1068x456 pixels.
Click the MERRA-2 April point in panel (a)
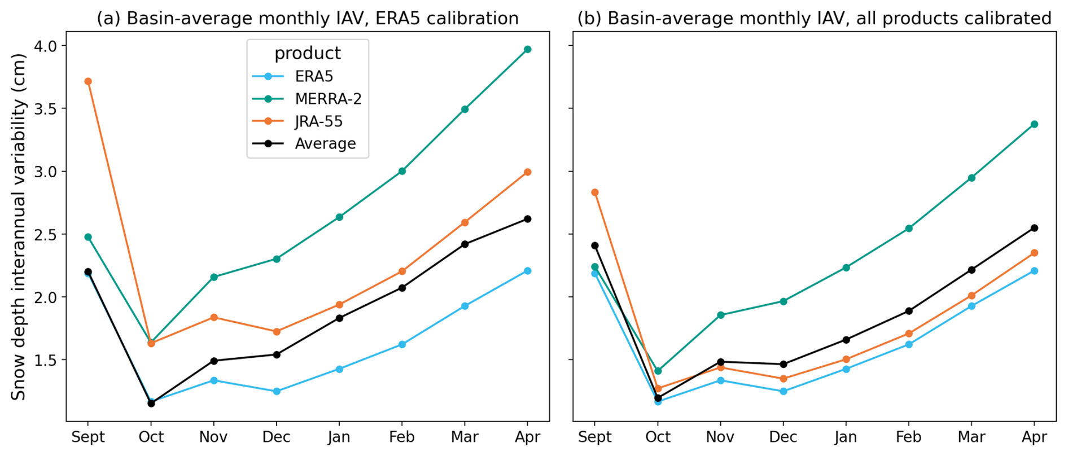pos(527,50)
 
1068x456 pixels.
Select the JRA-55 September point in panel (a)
pos(88,81)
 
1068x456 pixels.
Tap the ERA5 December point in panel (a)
pos(277,391)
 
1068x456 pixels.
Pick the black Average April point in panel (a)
pos(527,219)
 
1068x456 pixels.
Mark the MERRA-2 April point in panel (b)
pos(1034,124)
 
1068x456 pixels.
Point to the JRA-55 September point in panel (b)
pos(595,192)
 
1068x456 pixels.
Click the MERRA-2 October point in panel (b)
pos(658,371)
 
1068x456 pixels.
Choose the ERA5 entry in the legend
pos(314,76)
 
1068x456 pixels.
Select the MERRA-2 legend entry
pos(328,99)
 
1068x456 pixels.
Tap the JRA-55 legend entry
pos(318,121)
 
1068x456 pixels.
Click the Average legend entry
pos(325,144)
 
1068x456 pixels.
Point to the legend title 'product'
pos(308,53)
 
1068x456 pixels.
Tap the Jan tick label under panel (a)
pos(339,437)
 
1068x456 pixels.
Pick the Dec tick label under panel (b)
pos(783,437)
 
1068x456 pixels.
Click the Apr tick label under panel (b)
pos(1034,437)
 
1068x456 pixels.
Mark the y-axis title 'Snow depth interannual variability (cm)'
pos(19,227)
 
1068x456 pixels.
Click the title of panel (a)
pos(308,18)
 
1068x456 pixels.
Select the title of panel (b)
pos(815,18)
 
